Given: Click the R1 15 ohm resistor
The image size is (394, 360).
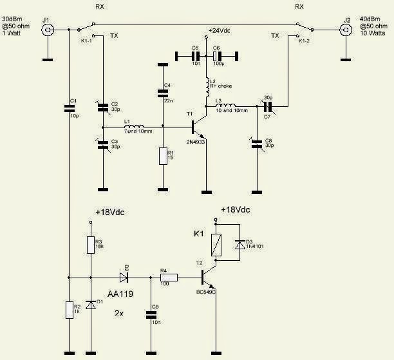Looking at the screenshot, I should [163, 157].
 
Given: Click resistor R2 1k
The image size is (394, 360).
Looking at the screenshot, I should [68, 310].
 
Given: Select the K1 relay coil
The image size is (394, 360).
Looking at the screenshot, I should [217, 243].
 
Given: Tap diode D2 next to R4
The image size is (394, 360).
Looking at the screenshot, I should [124, 278].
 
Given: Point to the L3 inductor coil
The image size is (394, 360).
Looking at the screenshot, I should [227, 105].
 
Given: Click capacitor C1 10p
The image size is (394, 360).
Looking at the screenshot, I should [68, 109].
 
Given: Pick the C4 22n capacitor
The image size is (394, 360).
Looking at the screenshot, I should [163, 93].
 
